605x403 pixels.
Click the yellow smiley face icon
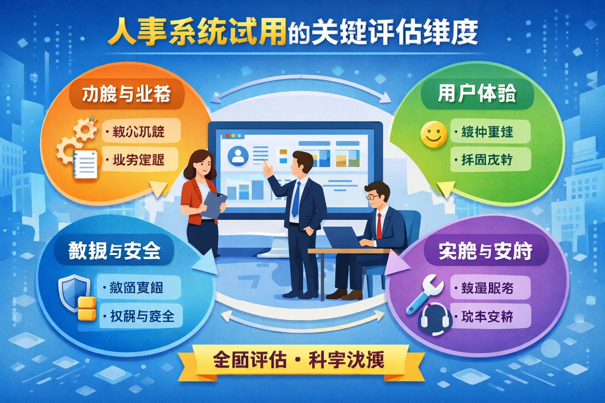(x=434, y=134)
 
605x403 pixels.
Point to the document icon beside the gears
(x=85, y=164)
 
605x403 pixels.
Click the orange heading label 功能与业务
(x=126, y=94)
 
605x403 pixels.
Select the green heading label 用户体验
(x=477, y=94)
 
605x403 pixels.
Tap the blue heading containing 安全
(x=114, y=250)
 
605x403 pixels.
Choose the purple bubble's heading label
(x=485, y=251)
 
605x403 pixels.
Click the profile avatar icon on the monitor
(x=238, y=155)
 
